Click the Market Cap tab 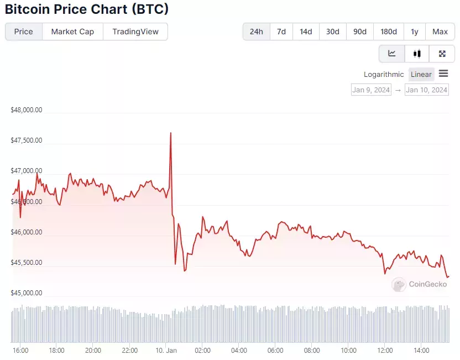pos(72,32)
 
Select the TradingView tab pos(135,32)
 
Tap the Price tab pos(23,32)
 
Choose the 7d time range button pos(281,32)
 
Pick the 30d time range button pos(333,32)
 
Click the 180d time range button pos(389,32)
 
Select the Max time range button pos(440,32)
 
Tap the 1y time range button pos(415,32)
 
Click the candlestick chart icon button pos(417,54)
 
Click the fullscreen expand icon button pos(442,54)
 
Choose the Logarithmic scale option pos(384,75)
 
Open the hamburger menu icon pos(443,74)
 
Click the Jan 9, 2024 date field pos(371,90)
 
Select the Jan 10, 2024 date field pos(427,90)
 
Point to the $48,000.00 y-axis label pos(27,110)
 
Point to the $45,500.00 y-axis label pos(27,263)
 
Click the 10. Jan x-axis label pos(166,350)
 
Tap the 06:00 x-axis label pos(275,350)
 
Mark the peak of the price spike pos(171,133)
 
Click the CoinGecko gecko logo pos(399,284)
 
